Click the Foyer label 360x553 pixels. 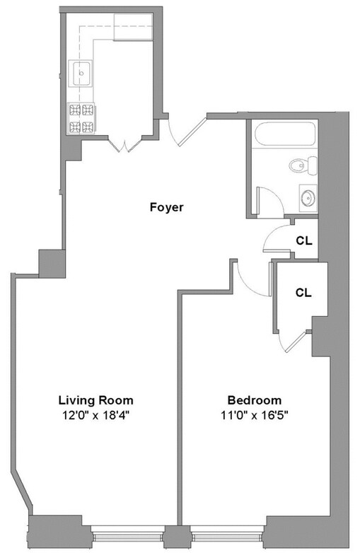pyautogui.click(x=166, y=207)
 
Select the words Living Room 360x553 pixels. pyautogui.click(x=95, y=400)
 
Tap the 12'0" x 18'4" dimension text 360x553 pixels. pyautogui.click(x=95, y=415)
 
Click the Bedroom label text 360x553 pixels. pyautogui.click(x=255, y=400)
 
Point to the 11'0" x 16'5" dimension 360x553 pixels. pyautogui.click(x=255, y=415)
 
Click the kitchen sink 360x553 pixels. pyautogui.click(x=81, y=71)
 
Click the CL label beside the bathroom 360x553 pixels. pyautogui.click(x=303, y=240)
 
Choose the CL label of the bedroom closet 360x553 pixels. pyautogui.click(x=303, y=291)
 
